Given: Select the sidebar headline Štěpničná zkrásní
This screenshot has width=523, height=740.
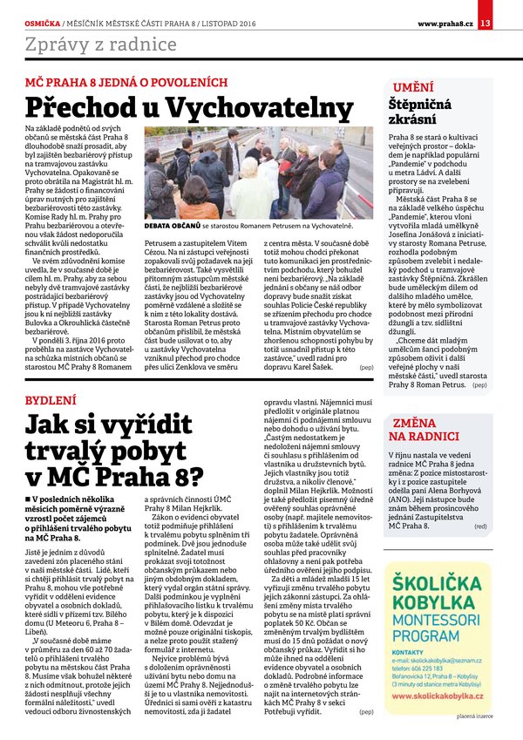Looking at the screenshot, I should [423, 112].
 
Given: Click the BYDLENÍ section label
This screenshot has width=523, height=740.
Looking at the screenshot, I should [50, 397].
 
